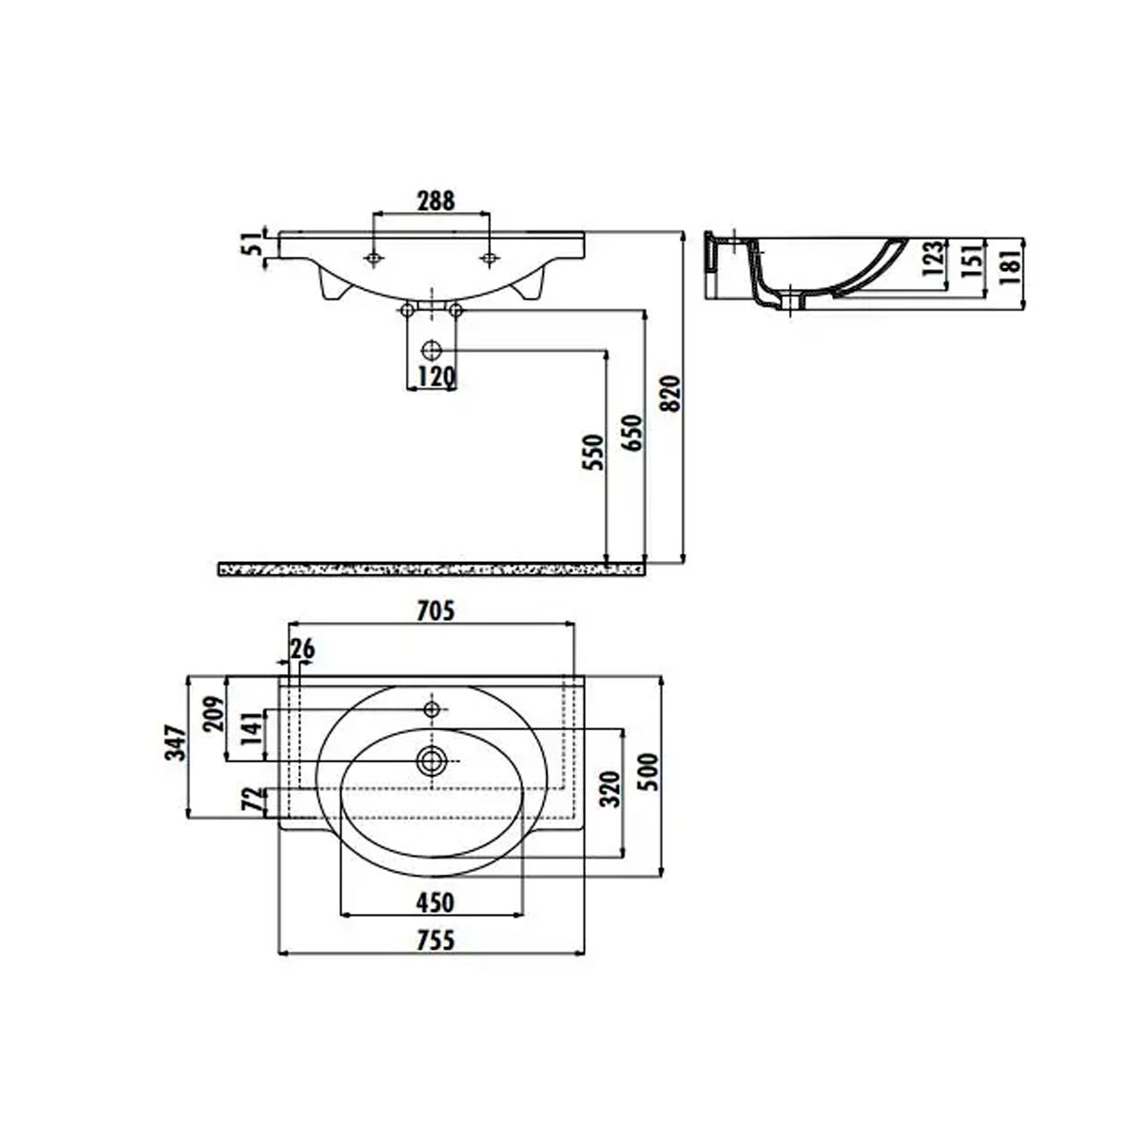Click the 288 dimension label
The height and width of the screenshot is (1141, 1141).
[x=435, y=201]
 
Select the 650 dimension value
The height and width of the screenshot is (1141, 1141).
[x=631, y=433]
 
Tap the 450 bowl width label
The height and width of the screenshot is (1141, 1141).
[x=435, y=902]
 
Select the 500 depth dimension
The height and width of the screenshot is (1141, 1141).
[x=648, y=771]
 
